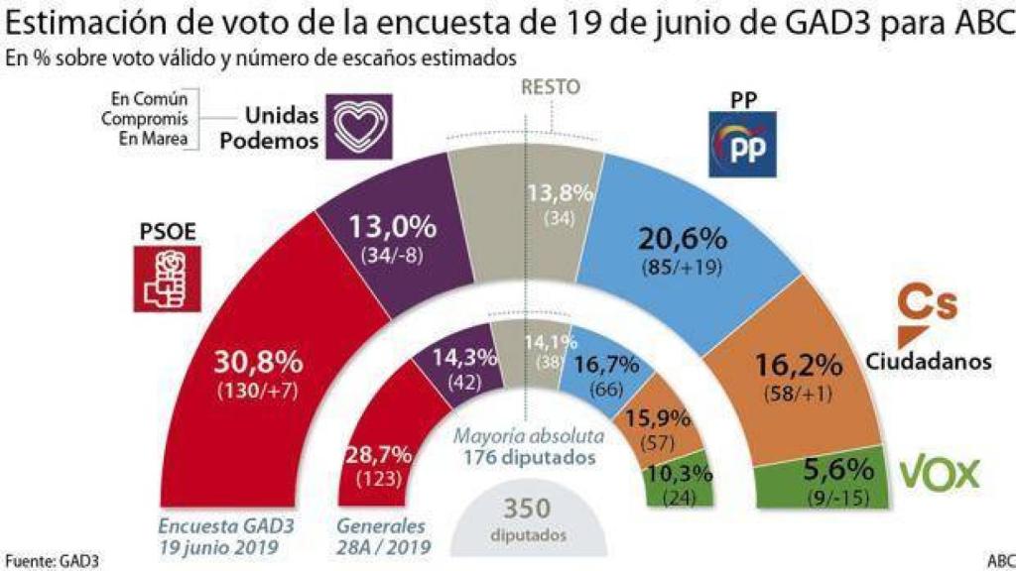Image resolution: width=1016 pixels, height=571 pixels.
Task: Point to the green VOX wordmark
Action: [939, 474]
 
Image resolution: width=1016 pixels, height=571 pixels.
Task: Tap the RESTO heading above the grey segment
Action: [551, 87]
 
